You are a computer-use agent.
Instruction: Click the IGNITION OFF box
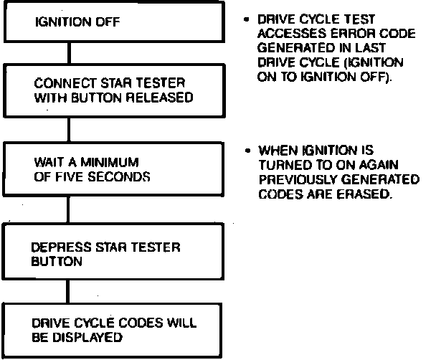tap(115, 22)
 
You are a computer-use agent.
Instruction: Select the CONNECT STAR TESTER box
tap(115, 90)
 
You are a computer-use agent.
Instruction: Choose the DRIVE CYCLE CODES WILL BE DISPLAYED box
tap(115, 329)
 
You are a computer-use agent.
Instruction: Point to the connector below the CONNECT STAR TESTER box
tap(68, 131)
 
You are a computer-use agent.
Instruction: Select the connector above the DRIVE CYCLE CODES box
tap(68, 292)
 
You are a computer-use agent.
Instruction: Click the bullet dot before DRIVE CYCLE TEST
tap(247, 16)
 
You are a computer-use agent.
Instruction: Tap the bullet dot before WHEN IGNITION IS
tap(247, 151)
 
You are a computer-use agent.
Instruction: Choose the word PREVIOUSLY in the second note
tap(290, 180)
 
